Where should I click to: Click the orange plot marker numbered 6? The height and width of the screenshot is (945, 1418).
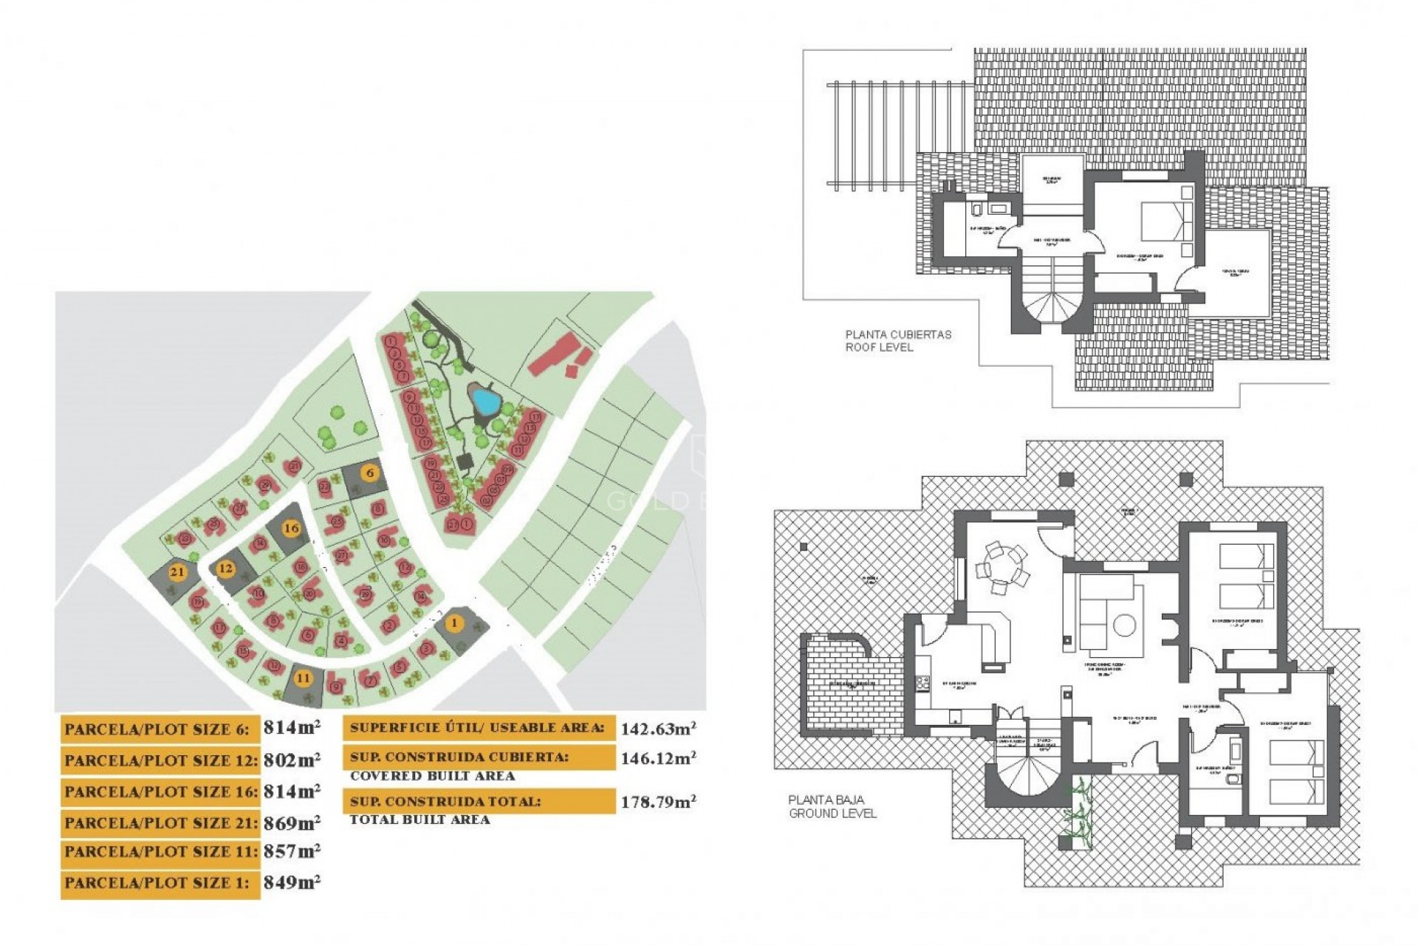coord(370,472)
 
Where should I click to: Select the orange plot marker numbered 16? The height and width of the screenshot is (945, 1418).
coord(292,528)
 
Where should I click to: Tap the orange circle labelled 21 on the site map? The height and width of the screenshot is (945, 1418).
coord(177,571)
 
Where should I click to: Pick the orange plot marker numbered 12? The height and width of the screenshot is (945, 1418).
coord(225,568)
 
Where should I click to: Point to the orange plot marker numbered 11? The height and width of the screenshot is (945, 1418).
coord(303,678)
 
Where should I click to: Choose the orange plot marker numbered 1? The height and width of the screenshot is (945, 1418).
coord(454,623)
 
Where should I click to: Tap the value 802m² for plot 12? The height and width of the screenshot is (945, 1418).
coord(292,760)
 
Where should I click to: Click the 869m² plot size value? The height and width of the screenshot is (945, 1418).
coord(292,822)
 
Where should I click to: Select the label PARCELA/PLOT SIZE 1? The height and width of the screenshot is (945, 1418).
coord(157,883)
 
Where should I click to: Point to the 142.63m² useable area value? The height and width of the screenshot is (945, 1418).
coord(657,729)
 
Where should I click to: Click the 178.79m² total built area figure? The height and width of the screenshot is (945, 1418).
coord(657,802)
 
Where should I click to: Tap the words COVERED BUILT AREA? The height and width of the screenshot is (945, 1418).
coord(432,776)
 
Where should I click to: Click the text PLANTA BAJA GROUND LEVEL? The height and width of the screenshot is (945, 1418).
coord(832,806)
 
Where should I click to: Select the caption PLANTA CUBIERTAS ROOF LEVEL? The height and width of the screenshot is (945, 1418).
coord(897,340)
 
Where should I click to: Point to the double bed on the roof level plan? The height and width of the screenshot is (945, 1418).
coord(1167,221)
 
